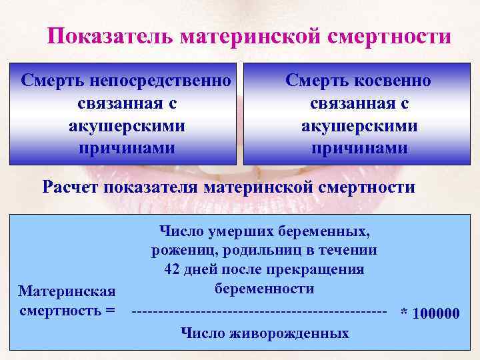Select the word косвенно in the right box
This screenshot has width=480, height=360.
(393, 81)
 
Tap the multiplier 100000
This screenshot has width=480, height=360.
(436, 313)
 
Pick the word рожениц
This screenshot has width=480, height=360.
(179, 251)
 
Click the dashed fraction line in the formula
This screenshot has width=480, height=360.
(260, 311)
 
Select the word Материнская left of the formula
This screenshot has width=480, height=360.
(67, 291)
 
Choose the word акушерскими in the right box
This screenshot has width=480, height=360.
(359, 125)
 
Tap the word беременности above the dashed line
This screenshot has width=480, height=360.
(264, 289)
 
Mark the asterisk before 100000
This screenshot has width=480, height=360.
(403, 313)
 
